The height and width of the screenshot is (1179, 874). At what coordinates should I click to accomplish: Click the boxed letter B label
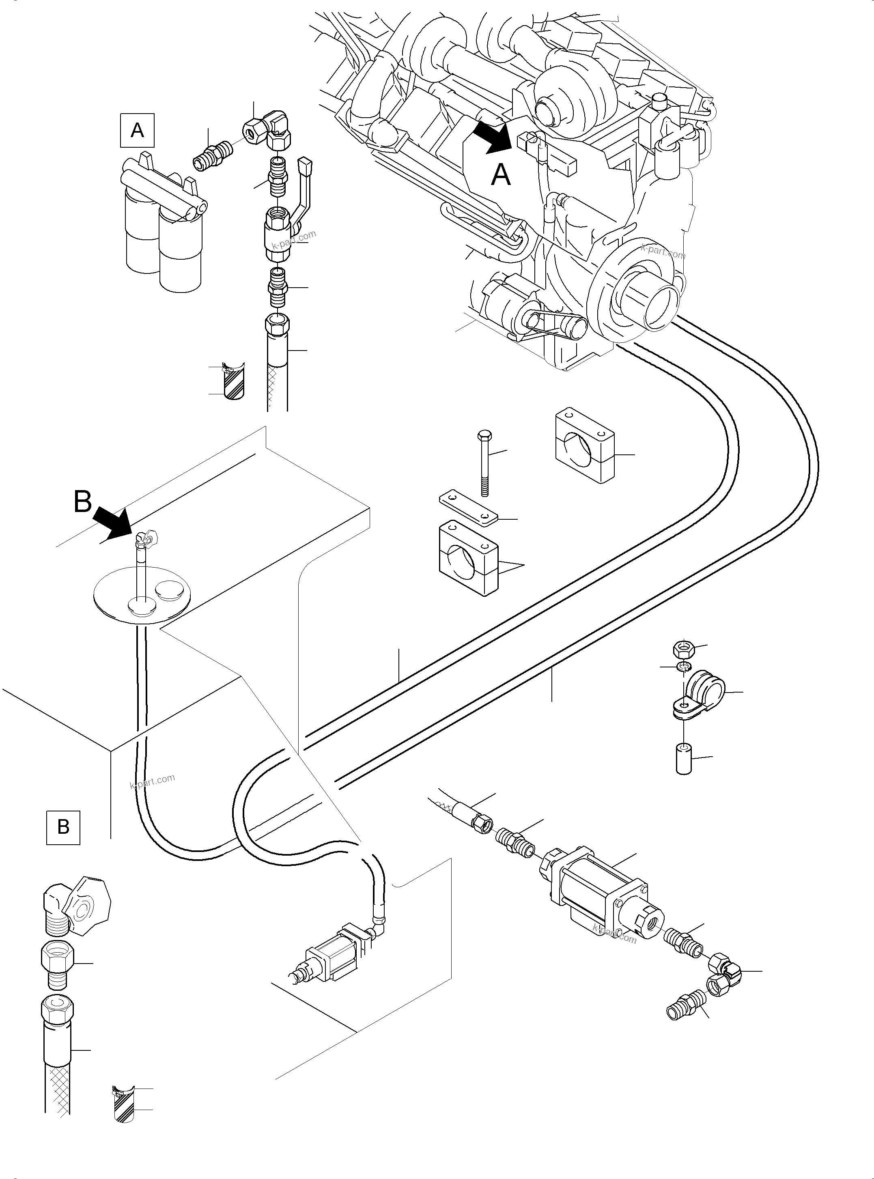tap(63, 827)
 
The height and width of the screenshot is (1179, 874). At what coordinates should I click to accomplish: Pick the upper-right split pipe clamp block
tap(585, 447)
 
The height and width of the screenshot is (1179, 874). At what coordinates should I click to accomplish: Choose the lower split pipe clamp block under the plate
tap(469, 558)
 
